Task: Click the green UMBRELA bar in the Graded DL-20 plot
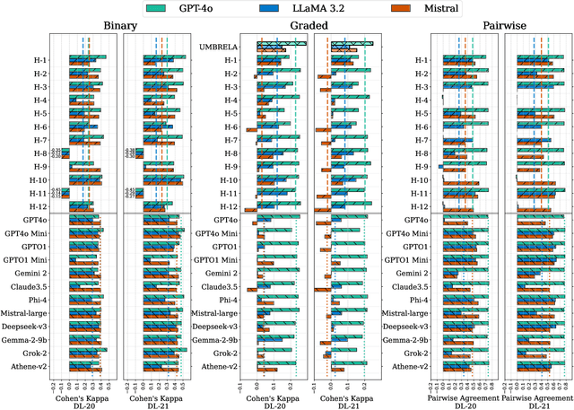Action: tap(281, 42)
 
